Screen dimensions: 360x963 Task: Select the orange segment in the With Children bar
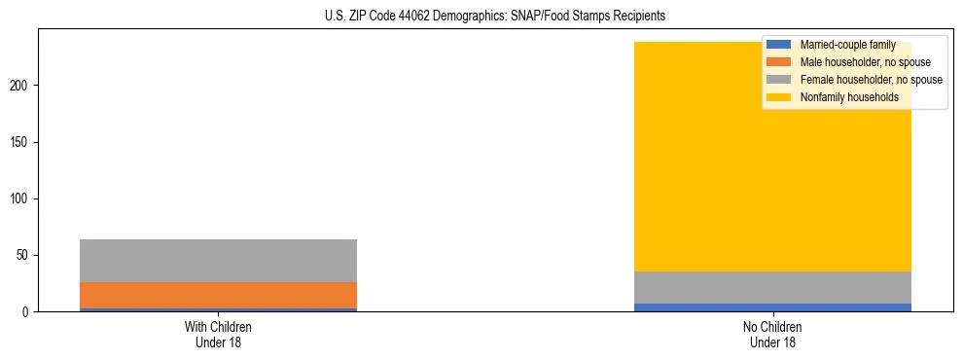click(x=218, y=295)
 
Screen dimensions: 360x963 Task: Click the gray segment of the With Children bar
click(x=218, y=261)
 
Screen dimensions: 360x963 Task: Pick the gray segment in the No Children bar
click(x=772, y=287)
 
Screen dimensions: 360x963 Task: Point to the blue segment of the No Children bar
click(x=772, y=307)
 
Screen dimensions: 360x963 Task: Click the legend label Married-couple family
click(x=847, y=45)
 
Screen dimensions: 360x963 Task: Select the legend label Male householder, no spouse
click(x=865, y=62)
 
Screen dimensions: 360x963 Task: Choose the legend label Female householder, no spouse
click(x=871, y=80)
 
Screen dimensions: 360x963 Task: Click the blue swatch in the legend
click(x=778, y=45)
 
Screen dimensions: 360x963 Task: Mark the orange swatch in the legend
click(x=778, y=62)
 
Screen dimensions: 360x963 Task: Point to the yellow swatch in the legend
click(x=778, y=97)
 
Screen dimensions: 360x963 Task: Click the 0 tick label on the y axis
click(x=26, y=312)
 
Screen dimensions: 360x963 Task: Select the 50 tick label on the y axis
click(x=23, y=256)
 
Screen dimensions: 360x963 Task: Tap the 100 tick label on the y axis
click(x=20, y=199)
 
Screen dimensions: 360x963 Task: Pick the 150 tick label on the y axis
click(x=20, y=143)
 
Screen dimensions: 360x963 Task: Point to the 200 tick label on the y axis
click(x=20, y=86)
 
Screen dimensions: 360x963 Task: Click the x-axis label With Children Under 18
click(x=218, y=335)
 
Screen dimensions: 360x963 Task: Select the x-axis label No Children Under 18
click(x=772, y=335)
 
